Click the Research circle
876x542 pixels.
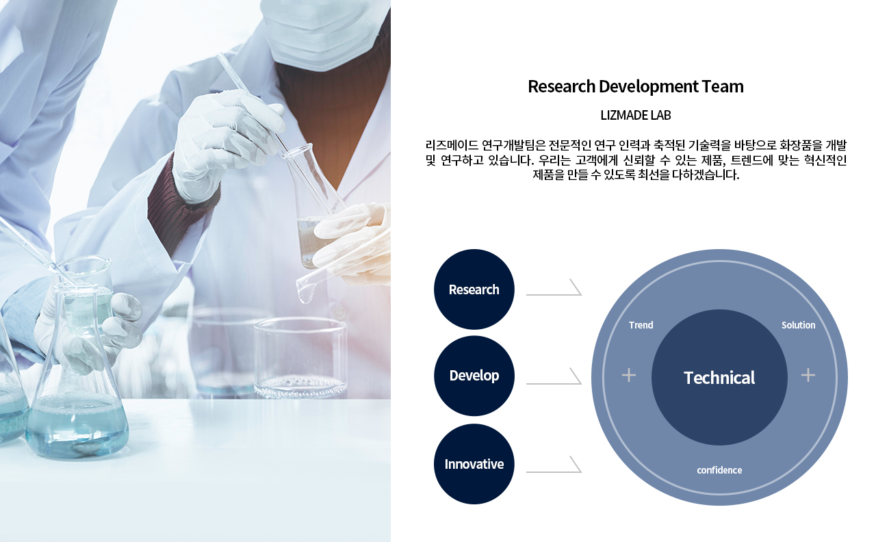tap(474, 289)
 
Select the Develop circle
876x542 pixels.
tap(474, 376)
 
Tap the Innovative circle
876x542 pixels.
tap(474, 464)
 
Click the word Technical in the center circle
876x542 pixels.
tap(719, 378)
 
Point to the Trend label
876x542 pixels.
tap(641, 325)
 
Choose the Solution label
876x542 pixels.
tap(798, 325)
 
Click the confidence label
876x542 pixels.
tap(719, 470)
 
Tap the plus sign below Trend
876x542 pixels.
tap(629, 376)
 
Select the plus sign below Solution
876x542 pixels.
tap(808, 376)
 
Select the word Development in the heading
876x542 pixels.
tap(648, 87)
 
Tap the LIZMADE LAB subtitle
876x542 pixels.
tap(636, 115)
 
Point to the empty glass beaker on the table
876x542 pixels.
tap(300, 358)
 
